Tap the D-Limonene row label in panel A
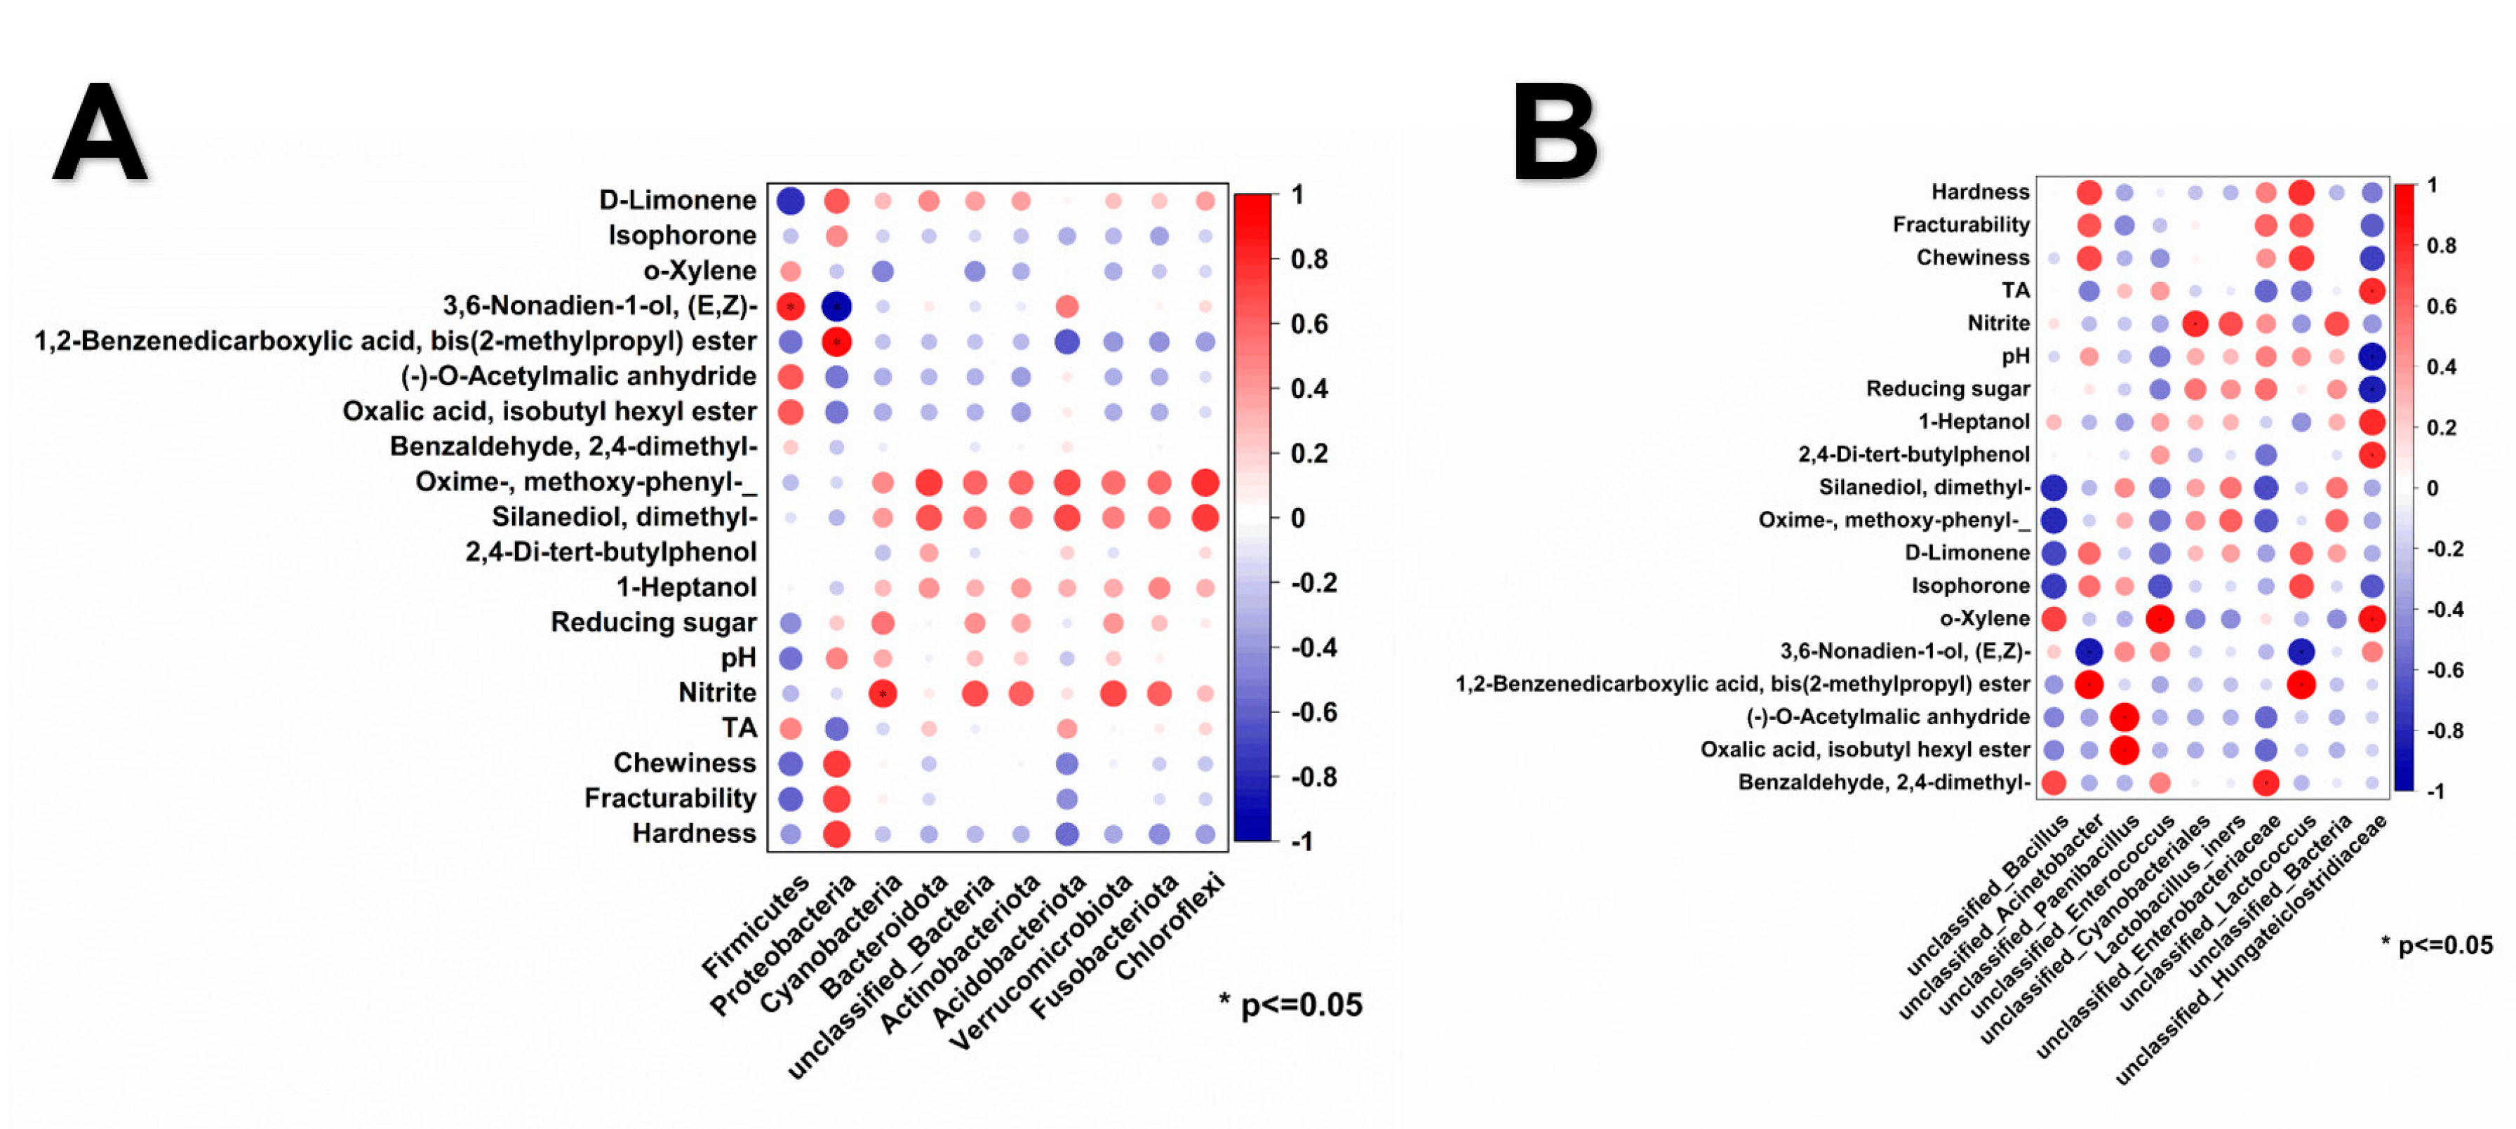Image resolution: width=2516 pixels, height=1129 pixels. tap(677, 200)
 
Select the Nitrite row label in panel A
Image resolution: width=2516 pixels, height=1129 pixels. tap(717, 693)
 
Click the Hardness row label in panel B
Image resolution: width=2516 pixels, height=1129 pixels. tap(1980, 192)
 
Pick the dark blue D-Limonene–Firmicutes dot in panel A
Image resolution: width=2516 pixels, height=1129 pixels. tap(790, 201)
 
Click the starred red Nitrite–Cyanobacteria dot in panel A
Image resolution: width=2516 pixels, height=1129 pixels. tap(883, 693)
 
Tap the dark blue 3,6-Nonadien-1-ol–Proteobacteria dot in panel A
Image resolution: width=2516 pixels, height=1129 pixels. tap(836, 307)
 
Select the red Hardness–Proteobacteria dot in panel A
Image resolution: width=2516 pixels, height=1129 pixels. tap(836, 834)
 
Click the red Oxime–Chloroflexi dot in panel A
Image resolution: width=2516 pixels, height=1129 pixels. tap(1205, 483)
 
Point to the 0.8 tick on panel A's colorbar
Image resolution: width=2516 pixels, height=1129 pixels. tap(1309, 259)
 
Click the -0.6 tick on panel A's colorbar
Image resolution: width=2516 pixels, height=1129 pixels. tap(1313, 712)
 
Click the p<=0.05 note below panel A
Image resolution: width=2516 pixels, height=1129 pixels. tap(1290, 1005)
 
